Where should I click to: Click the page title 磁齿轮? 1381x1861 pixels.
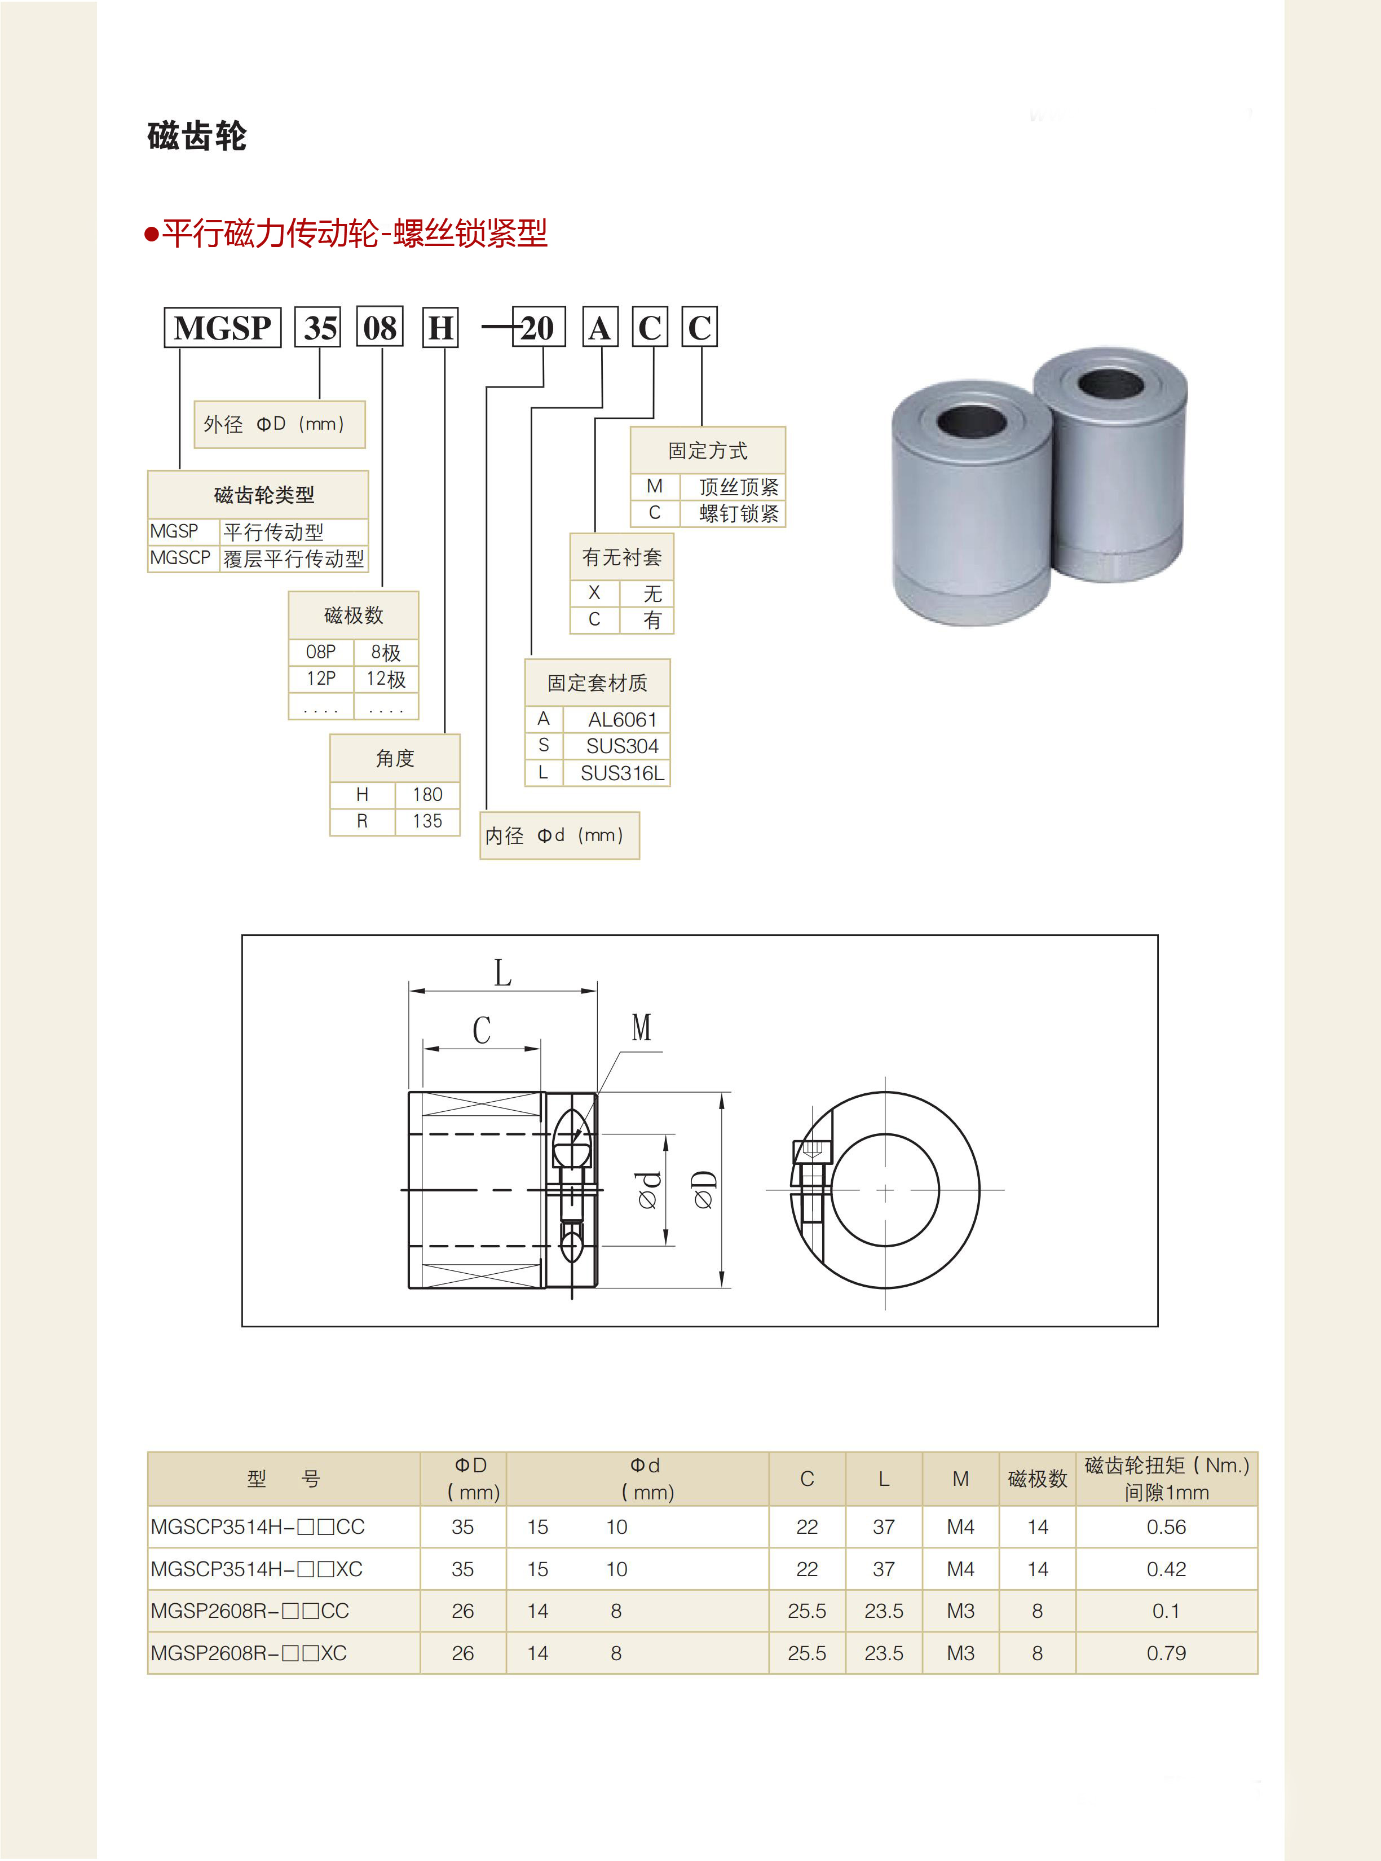point(197,137)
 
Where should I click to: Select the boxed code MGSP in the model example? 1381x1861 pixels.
point(222,328)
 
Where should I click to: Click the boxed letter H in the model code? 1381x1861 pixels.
point(442,328)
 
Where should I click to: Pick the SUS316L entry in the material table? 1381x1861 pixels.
point(622,773)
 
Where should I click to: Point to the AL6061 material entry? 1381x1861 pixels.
point(622,720)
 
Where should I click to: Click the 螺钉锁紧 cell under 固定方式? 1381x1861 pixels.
point(738,513)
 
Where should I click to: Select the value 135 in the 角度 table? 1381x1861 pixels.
point(427,821)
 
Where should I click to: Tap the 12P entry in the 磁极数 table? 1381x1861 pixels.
point(321,679)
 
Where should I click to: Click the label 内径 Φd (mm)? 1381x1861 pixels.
point(558,835)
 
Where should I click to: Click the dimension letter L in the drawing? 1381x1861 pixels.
point(502,973)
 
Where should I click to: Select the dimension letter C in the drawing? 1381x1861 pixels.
point(482,1030)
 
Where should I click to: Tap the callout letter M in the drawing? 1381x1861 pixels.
point(641,1027)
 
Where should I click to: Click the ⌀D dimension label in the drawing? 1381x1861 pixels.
point(704,1190)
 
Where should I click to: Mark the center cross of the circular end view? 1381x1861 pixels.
point(885,1190)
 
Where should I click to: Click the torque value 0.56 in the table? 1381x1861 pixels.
point(1166,1526)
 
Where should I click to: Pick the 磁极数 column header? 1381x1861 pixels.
point(1038,1479)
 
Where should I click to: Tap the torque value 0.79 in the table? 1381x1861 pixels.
point(1166,1653)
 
